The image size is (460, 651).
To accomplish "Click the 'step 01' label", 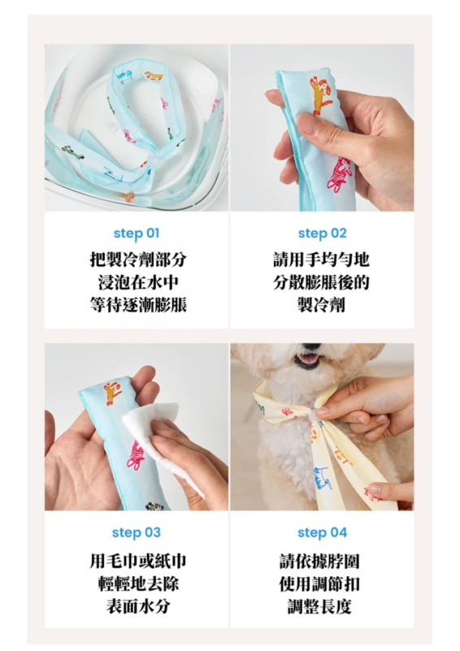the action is pos(136,234).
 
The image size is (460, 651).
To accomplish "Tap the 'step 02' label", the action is pos(322,234).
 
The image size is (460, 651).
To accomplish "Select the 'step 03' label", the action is pos(136,532).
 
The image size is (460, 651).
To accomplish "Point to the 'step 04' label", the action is pos(322,532).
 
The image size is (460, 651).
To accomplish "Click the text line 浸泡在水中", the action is pos(138,282).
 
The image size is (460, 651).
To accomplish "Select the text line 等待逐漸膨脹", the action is pos(138,305).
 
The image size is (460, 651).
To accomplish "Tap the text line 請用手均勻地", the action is pos(321,260).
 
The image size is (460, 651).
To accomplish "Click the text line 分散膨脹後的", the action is pos(321,282).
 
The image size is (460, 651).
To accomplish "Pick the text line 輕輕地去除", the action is pos(138,583).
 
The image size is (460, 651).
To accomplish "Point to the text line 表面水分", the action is pos(138,606).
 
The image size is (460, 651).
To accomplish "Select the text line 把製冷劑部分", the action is pos(138,260).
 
